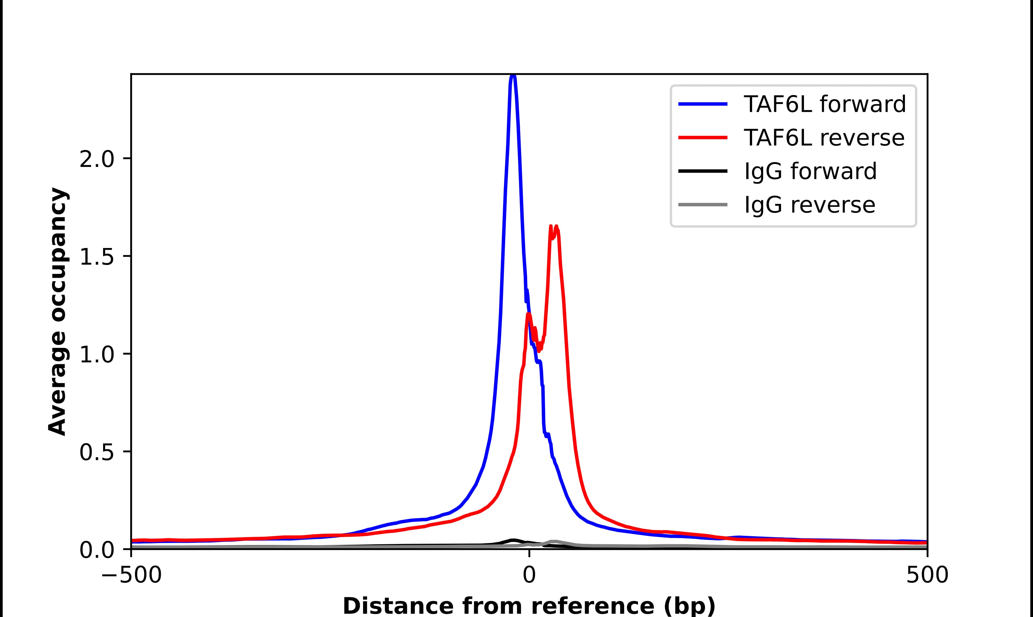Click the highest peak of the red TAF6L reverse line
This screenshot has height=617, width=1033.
point(556,227)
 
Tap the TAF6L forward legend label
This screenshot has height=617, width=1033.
point(824,104)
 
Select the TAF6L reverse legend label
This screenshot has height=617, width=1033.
point(824,138)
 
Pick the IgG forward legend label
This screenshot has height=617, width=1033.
point(810,171)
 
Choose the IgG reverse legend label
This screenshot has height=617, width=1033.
point(809,205)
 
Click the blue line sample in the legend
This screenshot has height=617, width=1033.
point(703,104)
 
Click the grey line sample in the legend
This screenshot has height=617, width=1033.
point(703,204)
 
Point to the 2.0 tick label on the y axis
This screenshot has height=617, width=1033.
point(97,159)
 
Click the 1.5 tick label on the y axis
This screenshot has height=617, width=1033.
point(97,257)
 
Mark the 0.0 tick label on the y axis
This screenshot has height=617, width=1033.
point(97,550)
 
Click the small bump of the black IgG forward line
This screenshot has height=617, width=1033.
point(514,540)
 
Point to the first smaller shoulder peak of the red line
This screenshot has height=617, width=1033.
point(528,314)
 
